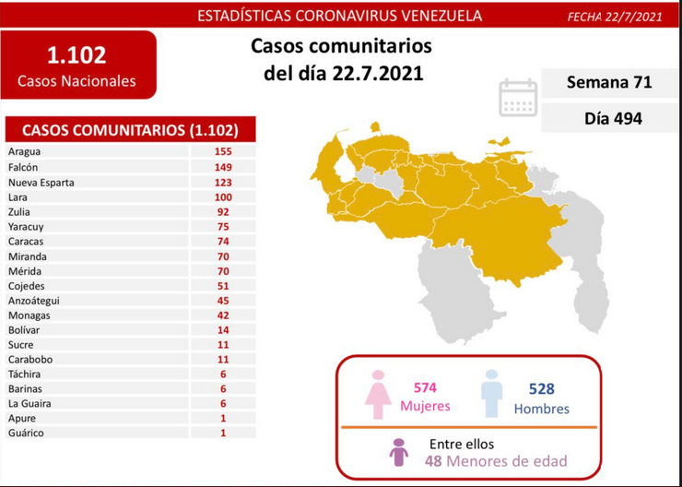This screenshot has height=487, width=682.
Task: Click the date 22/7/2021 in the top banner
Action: click(633, 17)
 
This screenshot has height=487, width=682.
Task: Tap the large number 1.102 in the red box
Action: click(76, 55)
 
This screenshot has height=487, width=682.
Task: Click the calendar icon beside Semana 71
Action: click(518, 98)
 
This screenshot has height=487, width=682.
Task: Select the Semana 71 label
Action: click(609, 82)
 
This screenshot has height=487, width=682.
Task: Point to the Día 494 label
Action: click(613, 118)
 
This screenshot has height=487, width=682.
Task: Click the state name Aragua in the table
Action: click(24, 151)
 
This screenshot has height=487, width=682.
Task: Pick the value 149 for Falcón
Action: click(223, 167)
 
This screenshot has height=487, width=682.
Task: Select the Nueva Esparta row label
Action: click(41, 183)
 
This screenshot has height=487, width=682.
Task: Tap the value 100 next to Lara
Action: click(223, 197)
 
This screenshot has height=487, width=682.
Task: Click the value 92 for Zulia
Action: click(223, 212)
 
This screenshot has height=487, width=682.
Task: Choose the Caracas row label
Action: click(26, 241)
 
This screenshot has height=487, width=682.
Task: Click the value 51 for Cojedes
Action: click(223, 286)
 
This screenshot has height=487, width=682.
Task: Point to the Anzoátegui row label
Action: click(33, 301)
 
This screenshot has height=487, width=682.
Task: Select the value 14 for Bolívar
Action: click(223, 330)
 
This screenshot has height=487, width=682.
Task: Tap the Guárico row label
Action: click(26, 433)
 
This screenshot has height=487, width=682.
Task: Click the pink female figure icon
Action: click(378, 394)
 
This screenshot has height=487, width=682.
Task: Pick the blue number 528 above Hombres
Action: click(542, 388)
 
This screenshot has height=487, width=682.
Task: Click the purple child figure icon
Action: click(399, 453)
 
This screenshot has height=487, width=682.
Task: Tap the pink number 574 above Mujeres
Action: click(425, 387)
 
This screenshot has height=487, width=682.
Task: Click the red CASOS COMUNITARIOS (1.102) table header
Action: click(130, 130)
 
